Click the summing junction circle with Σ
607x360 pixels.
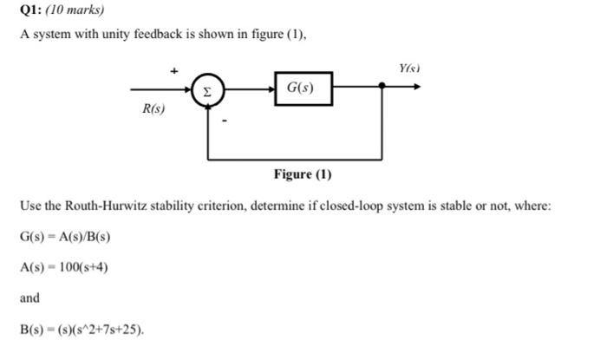[x=207, y=88]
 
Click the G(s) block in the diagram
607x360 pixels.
[x=303, y=88]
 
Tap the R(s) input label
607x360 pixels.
[x=153, y=110]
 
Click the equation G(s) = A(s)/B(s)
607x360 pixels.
[x=65, y=237]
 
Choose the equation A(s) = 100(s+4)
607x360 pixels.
[x=63, y=267]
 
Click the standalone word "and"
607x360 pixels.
[x=29, y=298]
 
